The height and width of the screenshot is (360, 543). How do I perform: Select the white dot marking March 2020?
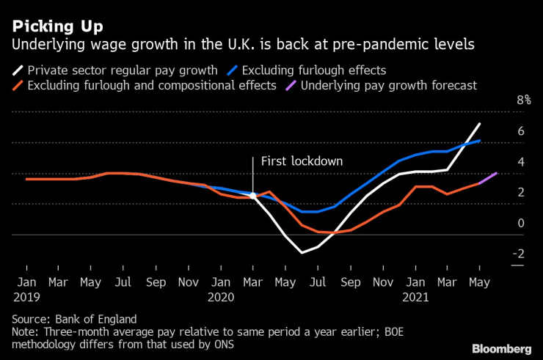coord(253,196)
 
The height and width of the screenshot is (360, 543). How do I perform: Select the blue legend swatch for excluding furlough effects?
coord(233,70)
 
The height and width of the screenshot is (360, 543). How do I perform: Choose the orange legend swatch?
coord(17,86)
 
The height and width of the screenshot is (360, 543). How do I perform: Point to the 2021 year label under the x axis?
coord(415,298)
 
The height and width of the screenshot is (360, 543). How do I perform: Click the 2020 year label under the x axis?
coord(220,298)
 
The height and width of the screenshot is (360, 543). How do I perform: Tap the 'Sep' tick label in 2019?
coord(156,282)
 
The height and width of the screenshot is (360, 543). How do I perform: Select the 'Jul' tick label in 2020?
coord(318,282)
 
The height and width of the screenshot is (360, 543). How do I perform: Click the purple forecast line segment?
coord(488,178)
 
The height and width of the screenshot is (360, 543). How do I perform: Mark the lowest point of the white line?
coord(302,253)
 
